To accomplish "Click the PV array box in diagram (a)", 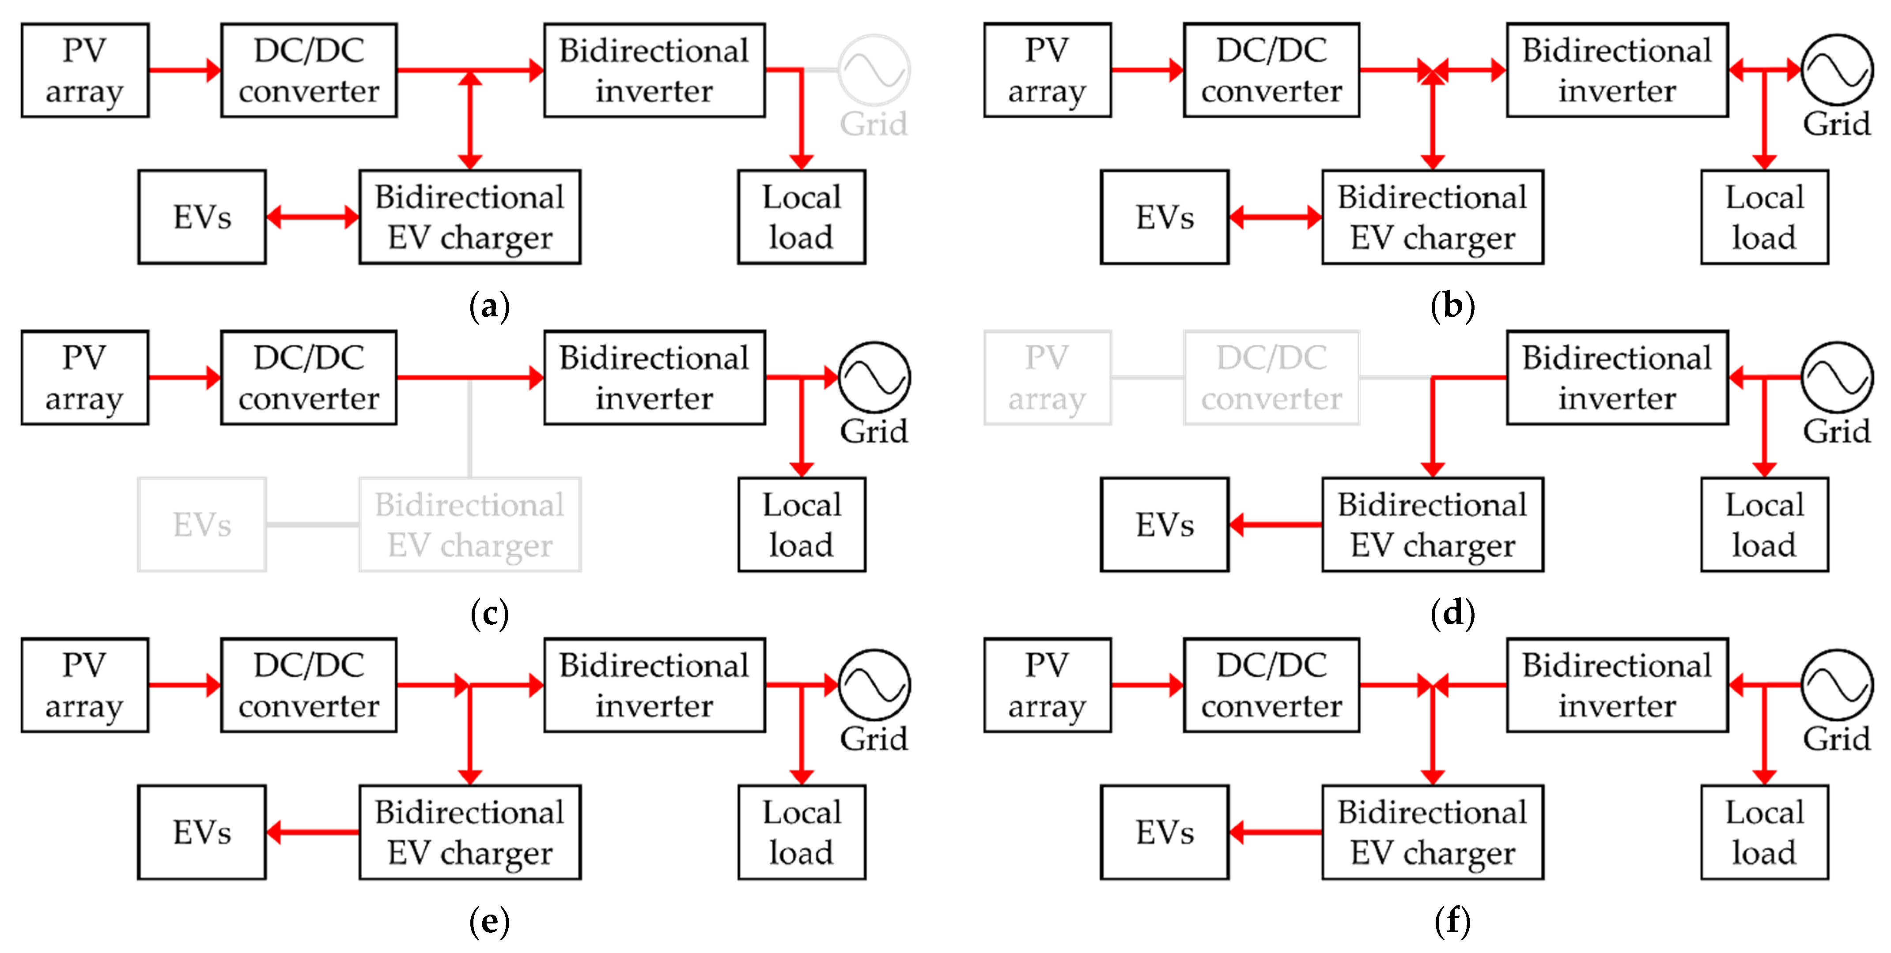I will click(x=84, y=71).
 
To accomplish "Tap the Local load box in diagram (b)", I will click(x=1764, y=217).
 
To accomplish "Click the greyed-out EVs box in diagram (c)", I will click(x=202, y=525).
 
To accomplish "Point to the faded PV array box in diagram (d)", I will click(x=1047, y=378).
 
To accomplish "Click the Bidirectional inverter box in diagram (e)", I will click(x=654, y=685).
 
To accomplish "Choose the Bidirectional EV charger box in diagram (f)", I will click(x=1432, y=832).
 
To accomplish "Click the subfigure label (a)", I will click(x=489, y=305).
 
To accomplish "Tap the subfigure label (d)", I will click(x=1452, y=612).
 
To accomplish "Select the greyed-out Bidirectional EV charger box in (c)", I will click(x=470, y=525).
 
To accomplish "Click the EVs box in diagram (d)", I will click(x=1164, y=525).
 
